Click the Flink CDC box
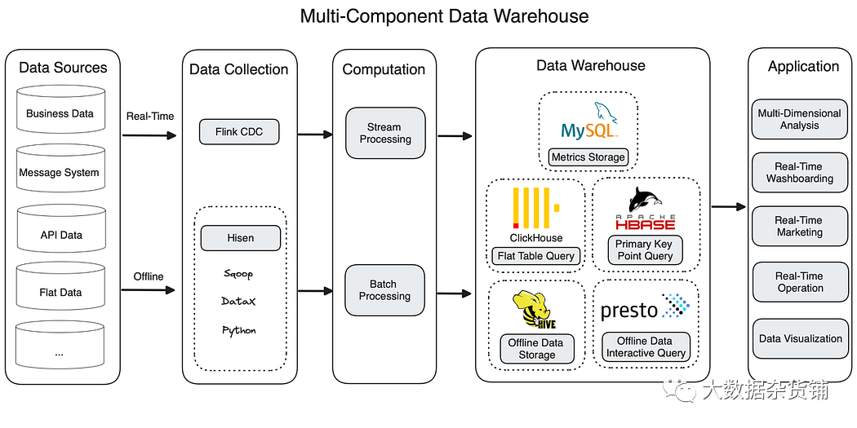[240, 131]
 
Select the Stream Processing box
[385, 133]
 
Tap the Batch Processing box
[384, 290]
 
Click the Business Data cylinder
[60, 113]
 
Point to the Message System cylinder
[60, 172]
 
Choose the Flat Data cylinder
[60, 291]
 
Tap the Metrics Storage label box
[588, 157]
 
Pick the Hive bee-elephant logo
[535, 310]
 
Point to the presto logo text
[629, 310]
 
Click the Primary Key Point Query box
[645, 249]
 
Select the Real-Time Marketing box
[799, 226]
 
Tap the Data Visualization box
[800, 338]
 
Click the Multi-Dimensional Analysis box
[799, 119]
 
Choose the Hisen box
[241, 238]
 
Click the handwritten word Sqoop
[238, 274]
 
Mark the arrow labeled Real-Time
[149, 135]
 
